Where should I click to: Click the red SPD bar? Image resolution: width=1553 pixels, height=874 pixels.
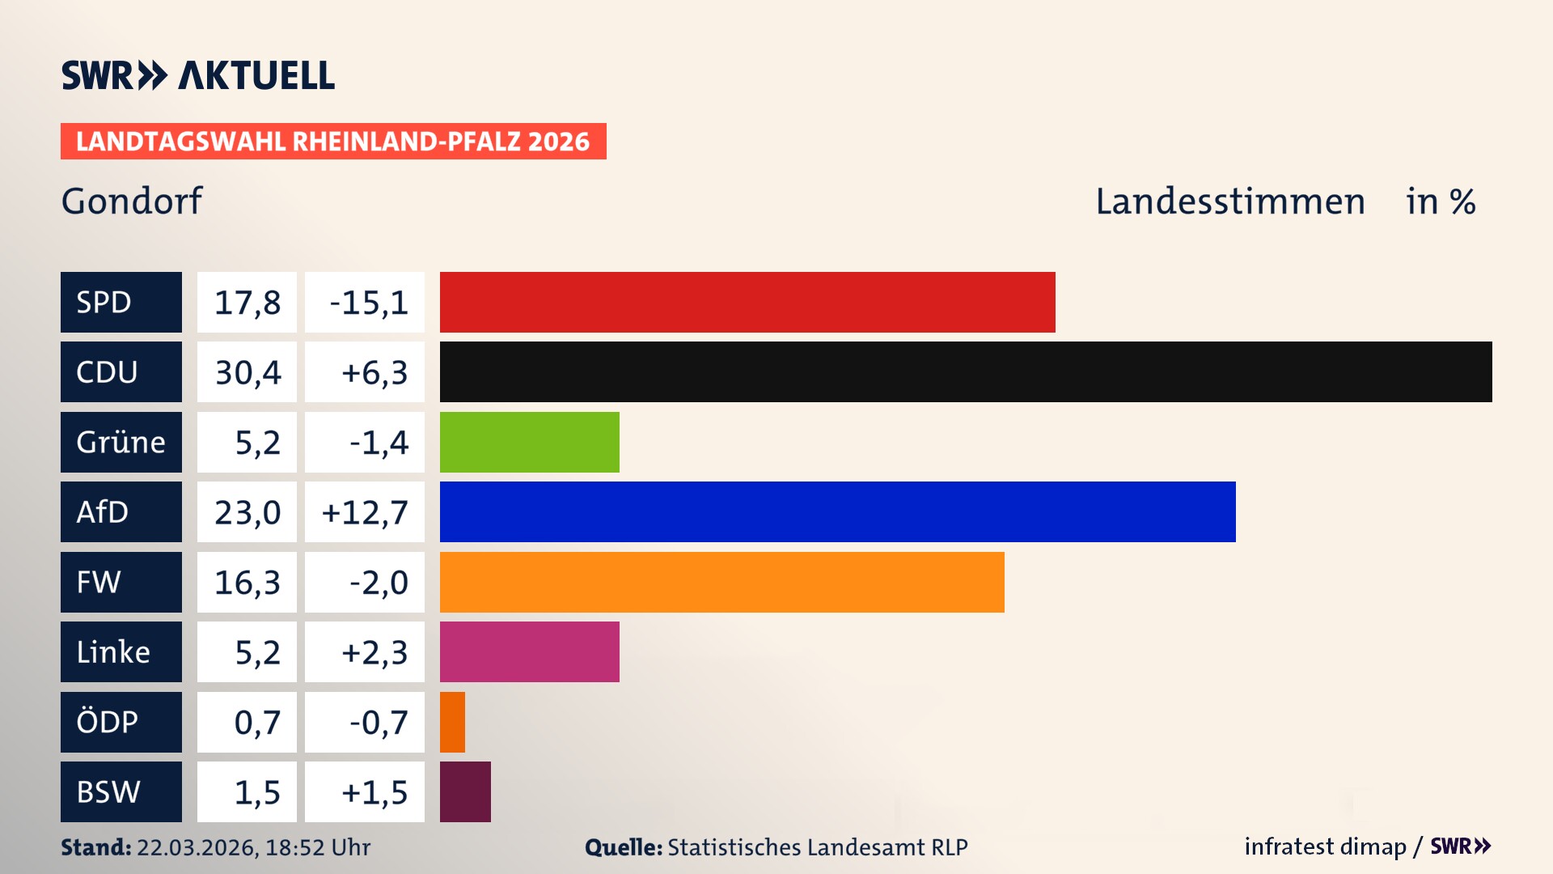(x=747, y=302)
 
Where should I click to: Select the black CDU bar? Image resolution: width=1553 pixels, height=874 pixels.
(x=966, y=372)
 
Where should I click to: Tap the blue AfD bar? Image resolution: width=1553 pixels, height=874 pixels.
(x=837, y=511)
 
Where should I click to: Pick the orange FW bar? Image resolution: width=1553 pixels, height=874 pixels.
(x=721, y=582)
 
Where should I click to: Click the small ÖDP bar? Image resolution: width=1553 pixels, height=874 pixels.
(x=452, y=722)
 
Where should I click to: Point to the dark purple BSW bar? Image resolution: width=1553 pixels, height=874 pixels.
(x=465, y=791)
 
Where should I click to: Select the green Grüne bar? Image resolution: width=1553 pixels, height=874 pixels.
(x=529, y=442)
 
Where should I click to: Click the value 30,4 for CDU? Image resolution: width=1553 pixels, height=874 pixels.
(x=248, y=372)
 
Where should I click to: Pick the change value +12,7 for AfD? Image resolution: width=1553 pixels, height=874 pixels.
(x=365, y=511)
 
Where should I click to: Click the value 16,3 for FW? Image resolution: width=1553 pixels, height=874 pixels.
(x=248, y=582)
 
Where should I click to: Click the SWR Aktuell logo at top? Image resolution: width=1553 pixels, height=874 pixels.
(x=197, y=75)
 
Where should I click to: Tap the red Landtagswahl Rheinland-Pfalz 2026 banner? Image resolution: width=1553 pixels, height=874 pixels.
(x=332, y=141)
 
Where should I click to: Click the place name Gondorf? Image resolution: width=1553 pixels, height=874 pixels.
(x=132, y=201)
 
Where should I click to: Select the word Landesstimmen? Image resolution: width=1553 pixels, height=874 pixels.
(x=1229, y=201)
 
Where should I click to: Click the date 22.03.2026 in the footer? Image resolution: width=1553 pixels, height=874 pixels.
(x=196, y=847)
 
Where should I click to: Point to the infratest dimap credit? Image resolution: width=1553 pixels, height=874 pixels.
(x=1325, y=846)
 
